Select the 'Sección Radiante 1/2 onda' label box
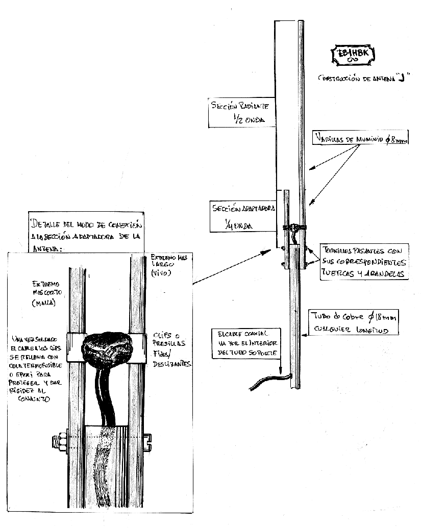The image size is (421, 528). click(240, 112)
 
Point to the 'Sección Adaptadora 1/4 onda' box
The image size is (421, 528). click(243, 216)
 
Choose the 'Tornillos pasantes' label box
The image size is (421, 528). click(364, 262)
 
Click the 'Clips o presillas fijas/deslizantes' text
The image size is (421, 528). click(171, 349)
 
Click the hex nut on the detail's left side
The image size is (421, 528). click(60, 441)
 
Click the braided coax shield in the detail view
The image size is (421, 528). click(105, 459)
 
